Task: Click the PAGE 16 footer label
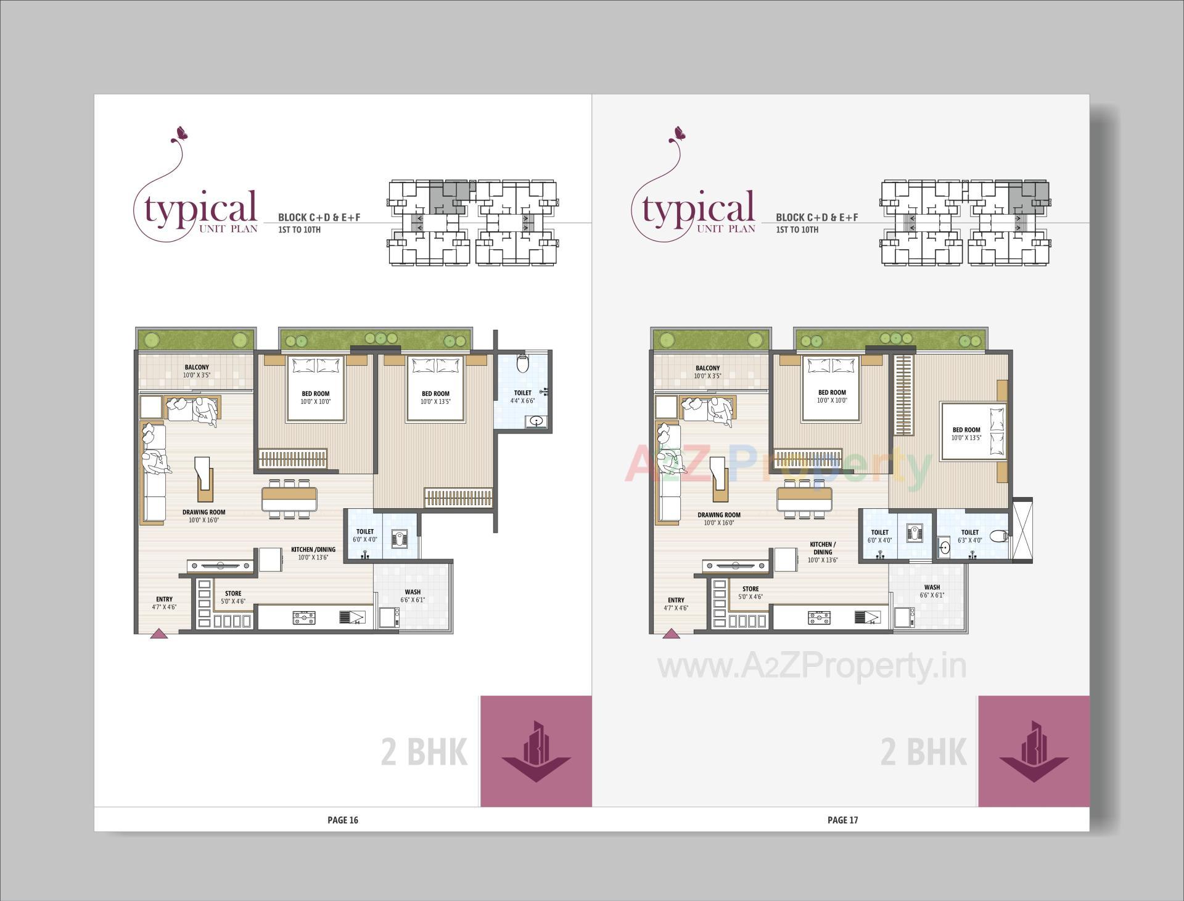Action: click(x=342, y=820)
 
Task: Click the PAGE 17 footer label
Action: click(x=842, y=820)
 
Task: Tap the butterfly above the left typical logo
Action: click(x=181, y=133)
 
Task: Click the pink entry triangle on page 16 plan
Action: click(x=159, y=633)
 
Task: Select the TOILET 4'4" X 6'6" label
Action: click(x=522, y=397)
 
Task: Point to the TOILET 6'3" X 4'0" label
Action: click(x=969, y=536)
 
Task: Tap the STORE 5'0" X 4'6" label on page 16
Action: click(x=233, y=597)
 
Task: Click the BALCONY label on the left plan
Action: click(x=197, y=371)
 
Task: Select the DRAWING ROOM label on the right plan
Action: click(x=719, y=518)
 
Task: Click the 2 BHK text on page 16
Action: click(x=424, y=752)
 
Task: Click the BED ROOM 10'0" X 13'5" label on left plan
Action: click(x=435, y=397)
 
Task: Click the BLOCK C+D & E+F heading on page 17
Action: click(x=816, y=217)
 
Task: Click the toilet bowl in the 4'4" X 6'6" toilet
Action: click(x=523, y=364)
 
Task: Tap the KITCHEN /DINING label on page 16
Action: click(x=313, y=553)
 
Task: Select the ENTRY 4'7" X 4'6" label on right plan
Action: click(x=676, y=603)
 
